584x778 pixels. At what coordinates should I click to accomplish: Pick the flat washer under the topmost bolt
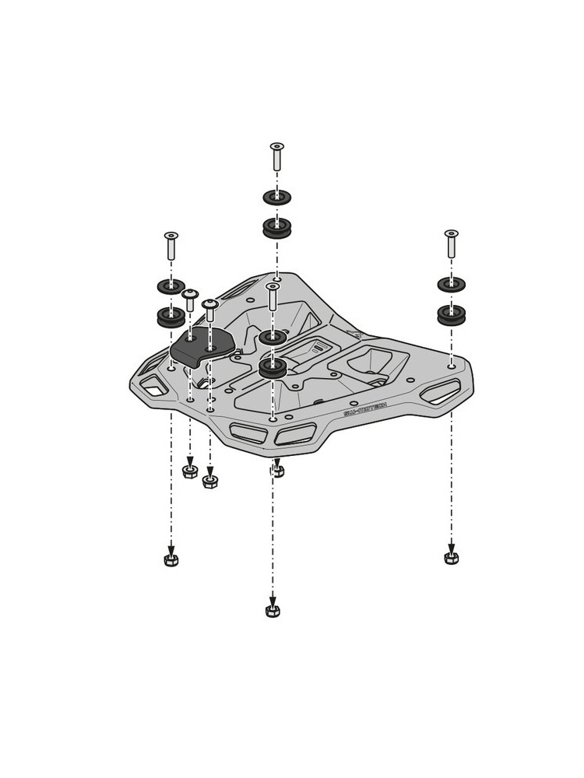click(x=276, y=197)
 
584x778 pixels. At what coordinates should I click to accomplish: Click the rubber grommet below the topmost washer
click(x=276, y=228)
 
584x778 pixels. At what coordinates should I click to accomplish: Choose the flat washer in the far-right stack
click(x=451, y=284)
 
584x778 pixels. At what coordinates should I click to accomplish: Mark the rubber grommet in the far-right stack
click(x=451, y=315)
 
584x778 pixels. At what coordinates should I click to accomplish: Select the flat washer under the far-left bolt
click(x=171, y=286)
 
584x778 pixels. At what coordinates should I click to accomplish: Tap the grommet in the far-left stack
click(x=171, y=317)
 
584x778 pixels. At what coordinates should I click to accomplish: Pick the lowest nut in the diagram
click(x=272, y=611)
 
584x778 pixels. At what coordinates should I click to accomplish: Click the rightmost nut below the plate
click(x=451, y=558)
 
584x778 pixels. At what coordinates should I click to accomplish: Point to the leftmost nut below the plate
click(x=171, y=560)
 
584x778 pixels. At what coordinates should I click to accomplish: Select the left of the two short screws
click(x=190, y=300)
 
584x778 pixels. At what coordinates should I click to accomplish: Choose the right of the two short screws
click(x=209, y=310)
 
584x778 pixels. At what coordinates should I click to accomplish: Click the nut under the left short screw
click(x=189, y=471)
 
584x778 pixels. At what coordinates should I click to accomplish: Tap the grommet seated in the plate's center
click(x=273, y=367)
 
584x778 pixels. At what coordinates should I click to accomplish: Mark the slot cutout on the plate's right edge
click(x=439, y=391)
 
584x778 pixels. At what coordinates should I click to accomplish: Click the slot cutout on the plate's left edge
click(x=154, y=383)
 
